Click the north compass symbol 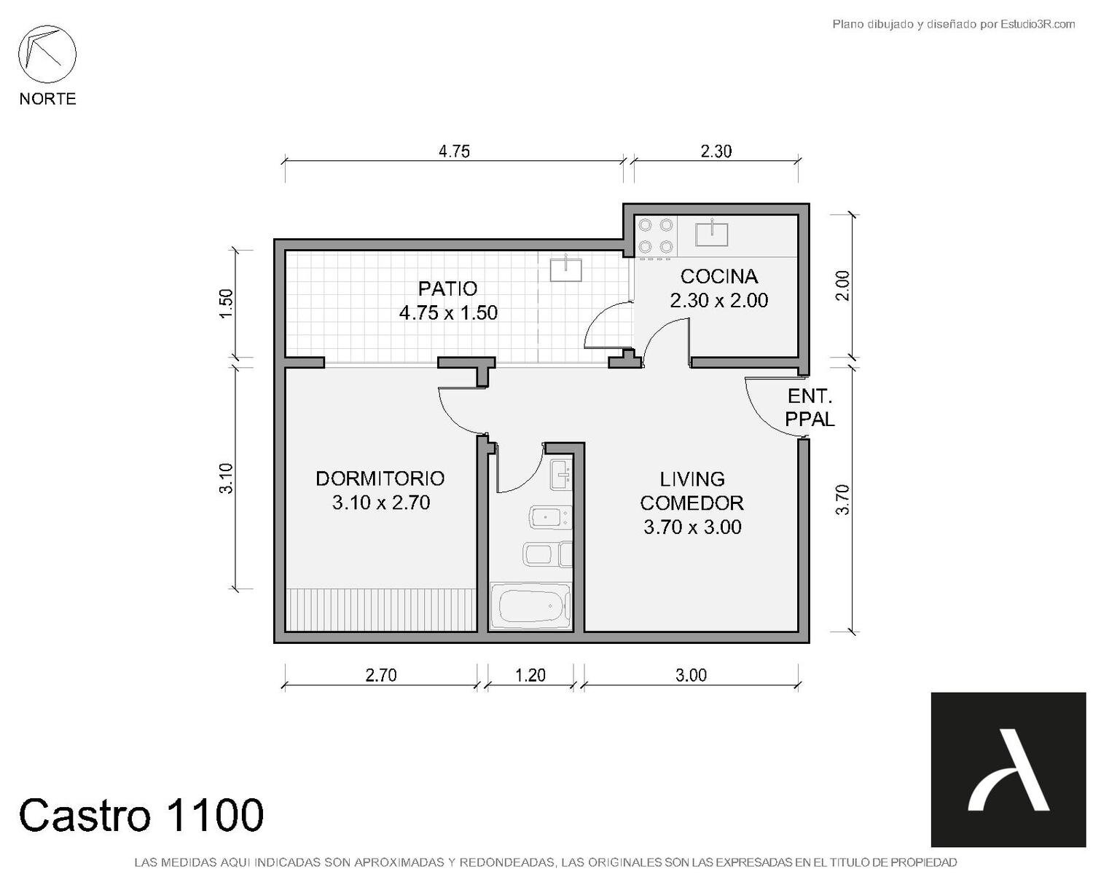47,54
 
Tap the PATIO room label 447,288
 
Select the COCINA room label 718,276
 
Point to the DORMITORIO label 380,479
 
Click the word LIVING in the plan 692,479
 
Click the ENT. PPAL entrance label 810,407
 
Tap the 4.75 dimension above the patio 454,151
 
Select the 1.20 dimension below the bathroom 530,675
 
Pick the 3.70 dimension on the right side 842,500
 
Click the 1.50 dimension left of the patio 227,303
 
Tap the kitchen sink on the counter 711,234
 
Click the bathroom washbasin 560,475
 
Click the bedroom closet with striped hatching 381,610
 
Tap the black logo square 1008,769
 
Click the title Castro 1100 141,815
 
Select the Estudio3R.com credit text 953,24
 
